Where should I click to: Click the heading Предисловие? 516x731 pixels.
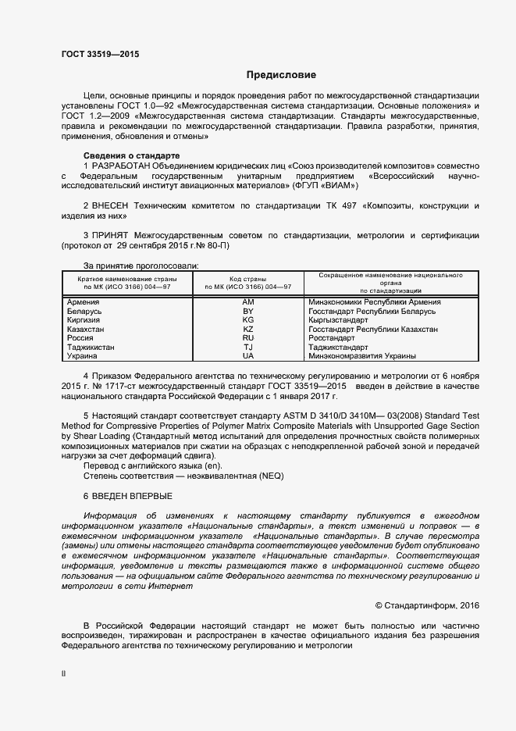[281, 75]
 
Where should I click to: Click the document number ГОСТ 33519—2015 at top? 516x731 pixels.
[101, 54]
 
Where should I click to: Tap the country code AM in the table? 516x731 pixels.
[248, 301]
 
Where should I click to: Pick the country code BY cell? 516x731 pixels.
[248, 311]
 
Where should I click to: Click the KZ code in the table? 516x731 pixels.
[248, 329]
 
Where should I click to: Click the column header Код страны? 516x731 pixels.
[248, 278]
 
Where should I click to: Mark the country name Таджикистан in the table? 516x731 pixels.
[91, 347]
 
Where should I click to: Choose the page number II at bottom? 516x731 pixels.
[64, 672]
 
